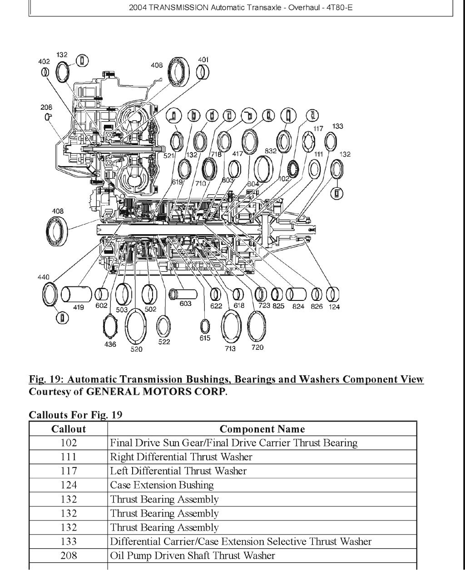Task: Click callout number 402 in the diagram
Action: click(44, 61)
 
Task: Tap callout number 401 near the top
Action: click(203, 59)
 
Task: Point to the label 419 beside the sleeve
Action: click(79, 307)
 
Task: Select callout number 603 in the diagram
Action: click(185, 304)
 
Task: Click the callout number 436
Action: click(110, 344)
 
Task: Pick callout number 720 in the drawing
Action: click(257, 348)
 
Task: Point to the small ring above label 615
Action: click(205, 325)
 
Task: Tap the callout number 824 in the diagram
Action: click(298, 306)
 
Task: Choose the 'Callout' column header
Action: click(68, 429)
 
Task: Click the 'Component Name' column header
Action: click(262, 429)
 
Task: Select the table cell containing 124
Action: click(68, 485)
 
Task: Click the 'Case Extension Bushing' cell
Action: click(162, 485)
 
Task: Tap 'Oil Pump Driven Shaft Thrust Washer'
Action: click(192, 555)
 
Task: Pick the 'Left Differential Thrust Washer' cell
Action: click(178, 471)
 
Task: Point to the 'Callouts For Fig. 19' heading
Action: click(75, 415)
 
